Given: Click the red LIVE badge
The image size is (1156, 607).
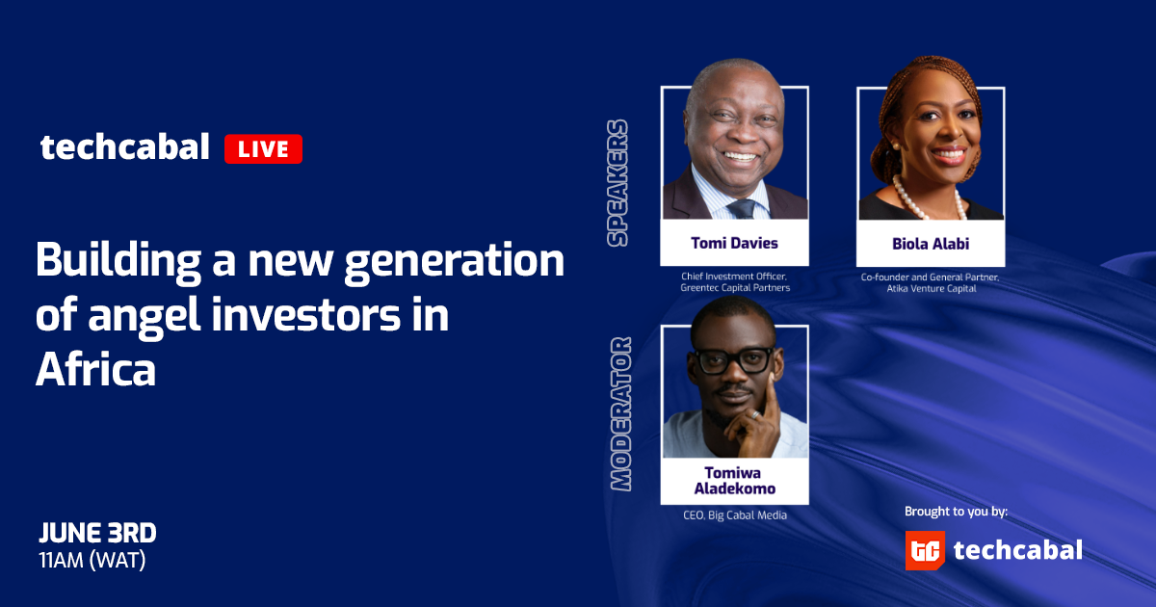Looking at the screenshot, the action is tap(263, 148).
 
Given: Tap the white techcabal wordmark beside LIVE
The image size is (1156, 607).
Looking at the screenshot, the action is tap(125, 146).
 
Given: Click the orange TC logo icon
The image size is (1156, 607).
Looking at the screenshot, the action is tap(925, 550).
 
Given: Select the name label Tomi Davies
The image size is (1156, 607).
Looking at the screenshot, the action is tap(734, 243).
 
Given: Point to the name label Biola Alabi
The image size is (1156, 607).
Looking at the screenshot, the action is tap(931, 244).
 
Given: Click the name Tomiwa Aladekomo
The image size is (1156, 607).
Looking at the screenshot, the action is tap(734, 481).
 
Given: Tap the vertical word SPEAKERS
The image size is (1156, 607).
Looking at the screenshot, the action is tap(617, 183).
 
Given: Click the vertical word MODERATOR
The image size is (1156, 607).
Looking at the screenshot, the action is tap(620, 413).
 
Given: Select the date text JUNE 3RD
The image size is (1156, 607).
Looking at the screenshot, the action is tap(97, 533).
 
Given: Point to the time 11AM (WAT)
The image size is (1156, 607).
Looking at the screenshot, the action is tap(92, 560).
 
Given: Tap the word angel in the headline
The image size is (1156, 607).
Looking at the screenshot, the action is tap(144, 315).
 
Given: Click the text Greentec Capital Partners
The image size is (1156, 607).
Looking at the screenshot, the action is tap(735, 287).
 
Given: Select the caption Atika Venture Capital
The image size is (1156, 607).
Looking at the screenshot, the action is tap(932, 288).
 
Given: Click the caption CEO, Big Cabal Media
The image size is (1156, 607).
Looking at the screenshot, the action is tap(735, 515).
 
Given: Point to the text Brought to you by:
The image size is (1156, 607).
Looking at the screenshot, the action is tap(956, 512).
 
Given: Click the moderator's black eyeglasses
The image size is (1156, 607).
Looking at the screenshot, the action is tap(735, 360).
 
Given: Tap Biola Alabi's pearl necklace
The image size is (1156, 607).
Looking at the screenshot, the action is tap(929, 198).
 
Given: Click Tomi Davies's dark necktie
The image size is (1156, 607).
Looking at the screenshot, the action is tap(743, 208).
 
